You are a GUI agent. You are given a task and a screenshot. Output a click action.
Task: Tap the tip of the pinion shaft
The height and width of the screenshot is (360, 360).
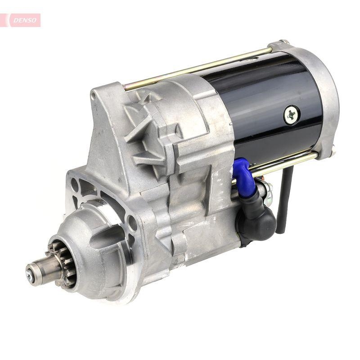point(31,270)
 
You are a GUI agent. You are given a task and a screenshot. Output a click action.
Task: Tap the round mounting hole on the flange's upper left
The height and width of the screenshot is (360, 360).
point(75,184)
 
